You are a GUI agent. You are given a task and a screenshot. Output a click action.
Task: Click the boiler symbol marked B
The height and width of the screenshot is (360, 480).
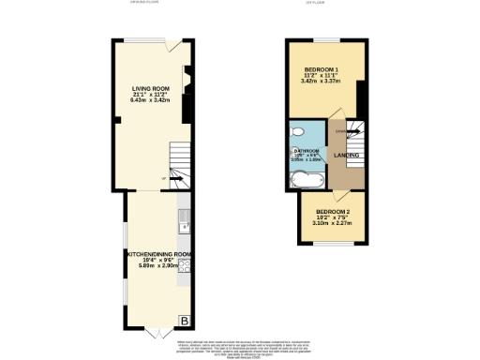[x=184, y=322]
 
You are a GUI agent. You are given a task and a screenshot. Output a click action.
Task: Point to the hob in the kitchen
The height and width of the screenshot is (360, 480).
[x=186, y=266]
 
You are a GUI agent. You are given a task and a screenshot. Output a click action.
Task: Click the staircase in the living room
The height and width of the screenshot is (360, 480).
[x=178, y=167]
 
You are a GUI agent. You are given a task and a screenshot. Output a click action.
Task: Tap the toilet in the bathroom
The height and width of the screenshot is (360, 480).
[x=298, y=132]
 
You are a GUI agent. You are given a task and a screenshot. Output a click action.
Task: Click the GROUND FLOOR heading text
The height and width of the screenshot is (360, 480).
[x=143, y=3]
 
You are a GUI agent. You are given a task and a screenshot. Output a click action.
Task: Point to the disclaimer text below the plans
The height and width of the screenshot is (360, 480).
[x=240, y=346]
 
